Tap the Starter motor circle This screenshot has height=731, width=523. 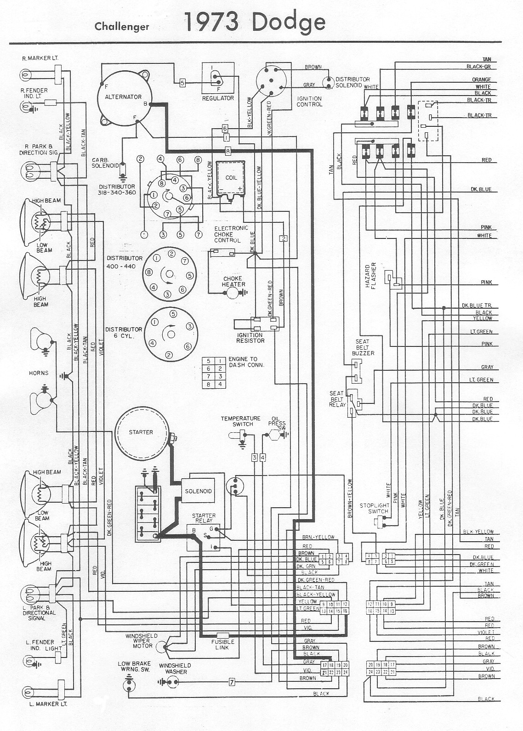pos(141,433)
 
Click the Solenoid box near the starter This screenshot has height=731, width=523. pos(199,491)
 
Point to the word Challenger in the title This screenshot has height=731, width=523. pos(122,27)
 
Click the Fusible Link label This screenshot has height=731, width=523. pos(223,644)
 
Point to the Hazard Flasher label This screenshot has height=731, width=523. pos(371,276)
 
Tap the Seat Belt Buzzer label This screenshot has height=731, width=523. pos(363,347)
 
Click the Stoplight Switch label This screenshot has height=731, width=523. pos(374,508)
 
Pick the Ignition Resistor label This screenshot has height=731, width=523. pos(250,338)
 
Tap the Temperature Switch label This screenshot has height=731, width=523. pos(240,421)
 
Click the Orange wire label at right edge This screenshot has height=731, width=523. pos(481,79)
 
